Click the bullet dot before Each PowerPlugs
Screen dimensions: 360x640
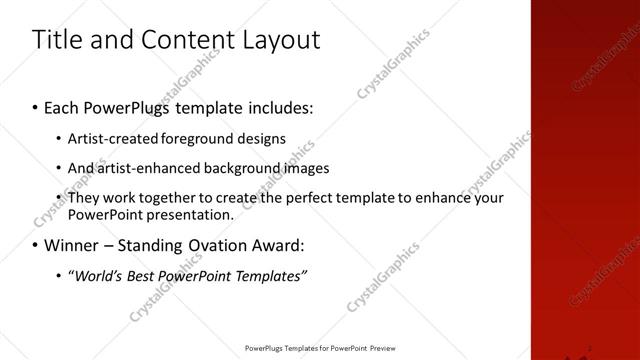click(x=36, y=106)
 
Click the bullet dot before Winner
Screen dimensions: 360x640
click(x=36, y=245)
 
